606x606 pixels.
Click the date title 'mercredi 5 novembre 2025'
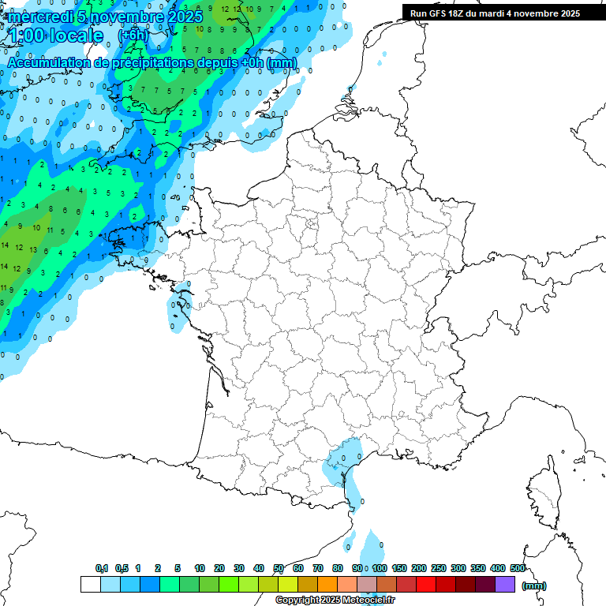click(105, 16)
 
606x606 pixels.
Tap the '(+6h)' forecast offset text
click(133, 35)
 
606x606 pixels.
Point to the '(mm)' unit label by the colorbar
click(534, 585)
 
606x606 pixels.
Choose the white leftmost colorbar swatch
click(90, 585)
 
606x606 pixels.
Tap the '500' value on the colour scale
click(518, 568)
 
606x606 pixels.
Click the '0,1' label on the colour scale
click(102, 568)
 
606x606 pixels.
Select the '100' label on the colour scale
click(380, 568)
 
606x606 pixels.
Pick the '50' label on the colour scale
click(279, 568)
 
